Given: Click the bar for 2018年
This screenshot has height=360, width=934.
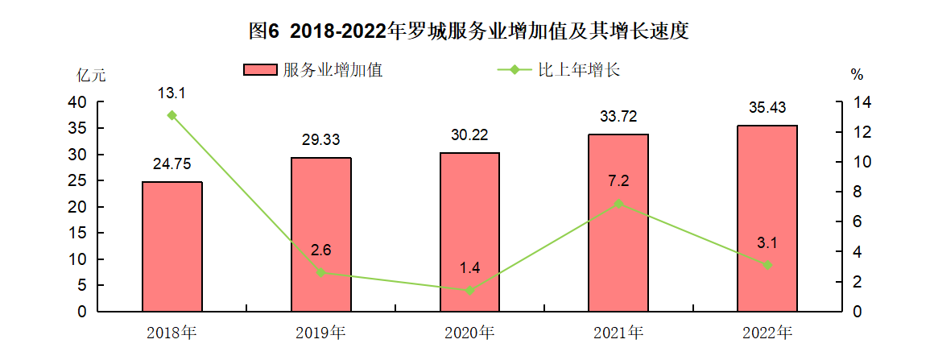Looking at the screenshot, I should point(172,246).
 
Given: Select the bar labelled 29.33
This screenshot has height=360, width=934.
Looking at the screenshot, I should point(320,234).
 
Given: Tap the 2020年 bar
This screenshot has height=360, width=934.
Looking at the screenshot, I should point(469,231).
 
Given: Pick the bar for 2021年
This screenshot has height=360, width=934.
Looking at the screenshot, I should point(618,222).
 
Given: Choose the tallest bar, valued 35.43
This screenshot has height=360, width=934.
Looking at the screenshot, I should point(767,217).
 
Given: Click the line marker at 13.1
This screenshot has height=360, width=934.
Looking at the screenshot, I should point(172,115).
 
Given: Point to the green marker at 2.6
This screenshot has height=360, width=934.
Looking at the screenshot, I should point(320,272).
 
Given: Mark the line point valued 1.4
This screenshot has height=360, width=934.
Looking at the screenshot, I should point(469,290).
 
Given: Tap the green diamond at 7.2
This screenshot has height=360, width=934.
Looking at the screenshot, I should point(618,204).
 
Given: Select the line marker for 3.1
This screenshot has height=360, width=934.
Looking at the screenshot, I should point(767,265).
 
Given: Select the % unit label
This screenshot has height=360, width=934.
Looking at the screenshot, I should point(857,75).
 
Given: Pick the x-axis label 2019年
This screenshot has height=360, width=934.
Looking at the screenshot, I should point(320,332).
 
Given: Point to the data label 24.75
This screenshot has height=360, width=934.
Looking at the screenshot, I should point(172,164).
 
